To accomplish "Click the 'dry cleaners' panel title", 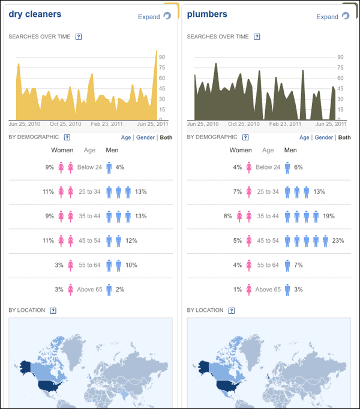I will tap(35, 14).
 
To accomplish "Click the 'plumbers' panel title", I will tap(207, 14).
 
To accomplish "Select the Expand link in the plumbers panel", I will tap(328, 17).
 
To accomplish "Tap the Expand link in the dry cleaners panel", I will tap(149, 17).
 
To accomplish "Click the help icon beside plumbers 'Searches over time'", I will tap(257, 37).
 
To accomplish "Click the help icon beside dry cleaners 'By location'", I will tap(53, 310).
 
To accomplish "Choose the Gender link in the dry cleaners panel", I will tap(145, 137).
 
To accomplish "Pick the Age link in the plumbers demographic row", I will tap(304, 137).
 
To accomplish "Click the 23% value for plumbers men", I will tap(338, 240).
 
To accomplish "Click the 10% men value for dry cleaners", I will tap(132, 265).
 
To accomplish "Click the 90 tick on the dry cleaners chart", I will tap(163, 58).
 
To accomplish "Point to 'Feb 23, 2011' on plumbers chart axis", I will tap(286, 124).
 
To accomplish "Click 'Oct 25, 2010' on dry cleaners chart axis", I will tap(65, 124).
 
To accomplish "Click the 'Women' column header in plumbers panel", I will tap(241, 151).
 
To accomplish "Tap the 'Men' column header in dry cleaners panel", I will tap(112, 151).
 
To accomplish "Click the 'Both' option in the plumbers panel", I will tap(344, 137).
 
